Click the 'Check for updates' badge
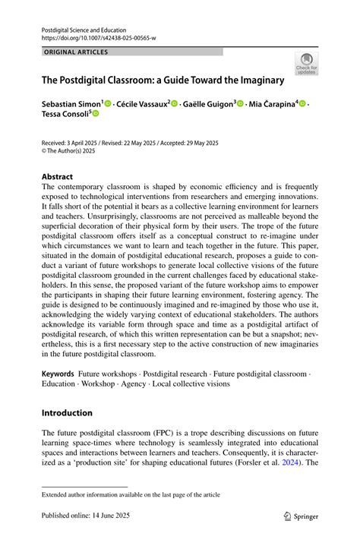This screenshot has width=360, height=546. click(306, 64)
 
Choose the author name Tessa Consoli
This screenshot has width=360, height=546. click(64, 113)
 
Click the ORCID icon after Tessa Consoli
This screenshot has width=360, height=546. click(96, 114)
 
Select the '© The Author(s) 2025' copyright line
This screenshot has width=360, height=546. click(78, 150)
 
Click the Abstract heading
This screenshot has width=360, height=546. click(58, 176)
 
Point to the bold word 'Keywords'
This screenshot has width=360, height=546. click(58, 374)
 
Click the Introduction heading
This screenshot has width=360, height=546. click(67, 413)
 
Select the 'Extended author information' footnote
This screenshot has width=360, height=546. click(131, 494)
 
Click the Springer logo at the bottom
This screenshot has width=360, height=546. click(300, 516)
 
